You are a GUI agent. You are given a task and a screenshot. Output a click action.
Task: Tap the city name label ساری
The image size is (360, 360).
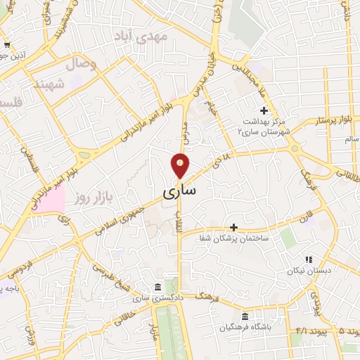coord(180,191)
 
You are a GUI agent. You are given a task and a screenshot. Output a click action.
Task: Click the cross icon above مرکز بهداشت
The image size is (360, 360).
coord(264,110)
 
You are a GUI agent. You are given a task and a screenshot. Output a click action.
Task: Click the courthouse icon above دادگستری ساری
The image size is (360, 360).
coord(156,288)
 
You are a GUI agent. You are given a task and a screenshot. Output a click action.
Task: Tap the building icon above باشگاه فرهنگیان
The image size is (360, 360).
coord(245,316)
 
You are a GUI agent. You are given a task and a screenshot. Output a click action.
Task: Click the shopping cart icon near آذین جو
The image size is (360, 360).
coord(6,45)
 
